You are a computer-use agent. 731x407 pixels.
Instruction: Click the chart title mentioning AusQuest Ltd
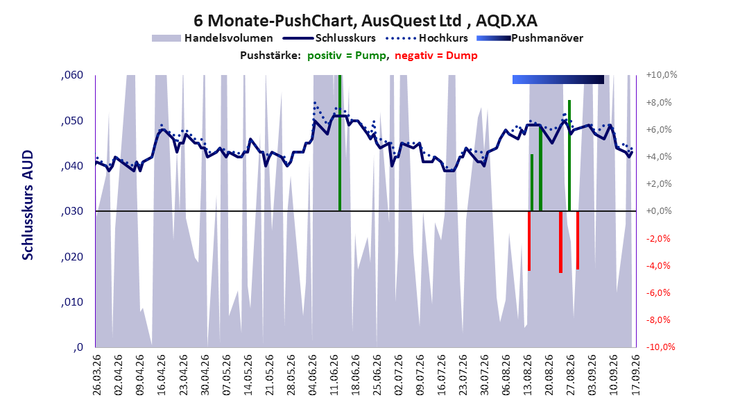[365, 21]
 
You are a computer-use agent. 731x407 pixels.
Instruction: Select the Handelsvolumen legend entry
[213, 38]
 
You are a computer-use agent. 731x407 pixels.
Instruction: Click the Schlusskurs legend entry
[329, 38]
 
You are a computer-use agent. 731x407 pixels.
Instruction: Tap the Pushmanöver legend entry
[530, 38]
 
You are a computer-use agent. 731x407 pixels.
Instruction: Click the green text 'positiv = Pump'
[347, 56]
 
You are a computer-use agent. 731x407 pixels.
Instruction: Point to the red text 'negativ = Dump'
[436, 56]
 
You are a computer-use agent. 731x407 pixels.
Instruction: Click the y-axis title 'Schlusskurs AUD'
[28, 205]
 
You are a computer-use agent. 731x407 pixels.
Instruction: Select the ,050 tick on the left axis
[72, 121]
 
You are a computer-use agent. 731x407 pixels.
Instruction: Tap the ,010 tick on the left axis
[72, 302]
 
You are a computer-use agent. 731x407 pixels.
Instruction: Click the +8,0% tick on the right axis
[659, 102]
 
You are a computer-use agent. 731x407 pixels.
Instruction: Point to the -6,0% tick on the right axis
[658, 292]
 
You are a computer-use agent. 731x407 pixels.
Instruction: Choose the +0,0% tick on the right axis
[659, 211]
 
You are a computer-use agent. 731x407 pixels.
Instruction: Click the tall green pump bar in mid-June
[340, 143]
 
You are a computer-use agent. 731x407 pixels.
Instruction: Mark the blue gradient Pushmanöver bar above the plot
[558, 79]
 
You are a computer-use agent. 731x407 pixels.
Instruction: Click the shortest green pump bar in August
[532, 183]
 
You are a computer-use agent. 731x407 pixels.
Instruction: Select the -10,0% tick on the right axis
[660, 347]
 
